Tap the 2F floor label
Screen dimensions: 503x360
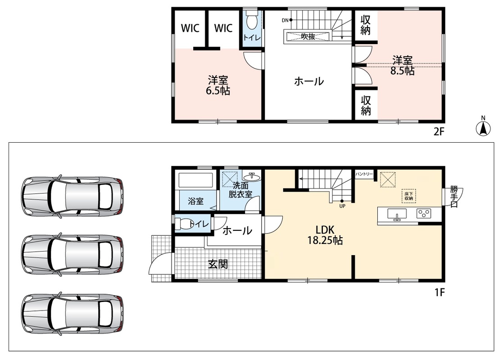pyautogui.click(x=439, y=131)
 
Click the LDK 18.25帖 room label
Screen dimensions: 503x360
pyautogui.click(x=325, y=234)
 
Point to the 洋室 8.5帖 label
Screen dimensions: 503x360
pyautogui.click(x=402, y=65)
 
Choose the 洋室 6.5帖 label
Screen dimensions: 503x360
pyautogui.click(x=218, y=85)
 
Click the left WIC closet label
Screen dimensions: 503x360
pyautogui.click(x=190, y=28)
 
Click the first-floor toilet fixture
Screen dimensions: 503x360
pyautogui.click(x=183, y=224)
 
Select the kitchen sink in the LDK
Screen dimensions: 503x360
pyautogui.click(x=397, y=214)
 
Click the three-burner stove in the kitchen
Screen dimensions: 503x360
pyautogui.click(x=424, y=213)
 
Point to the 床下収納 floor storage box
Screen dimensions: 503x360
pyautogui.click(x=409, y=196)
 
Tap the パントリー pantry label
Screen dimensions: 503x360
pyautogui.click(x=364, y=174)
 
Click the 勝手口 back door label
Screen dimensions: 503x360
pyautogui.click(x=454, y=196)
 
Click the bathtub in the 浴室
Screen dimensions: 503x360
pyautogui.click(x=196, y=180)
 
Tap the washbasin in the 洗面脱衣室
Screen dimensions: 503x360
pyautogui.click(x=252, y=176)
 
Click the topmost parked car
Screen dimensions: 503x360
pyautogui.click(x=73, y=196)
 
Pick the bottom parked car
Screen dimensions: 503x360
pyautogui.click(x=73, y=313)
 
